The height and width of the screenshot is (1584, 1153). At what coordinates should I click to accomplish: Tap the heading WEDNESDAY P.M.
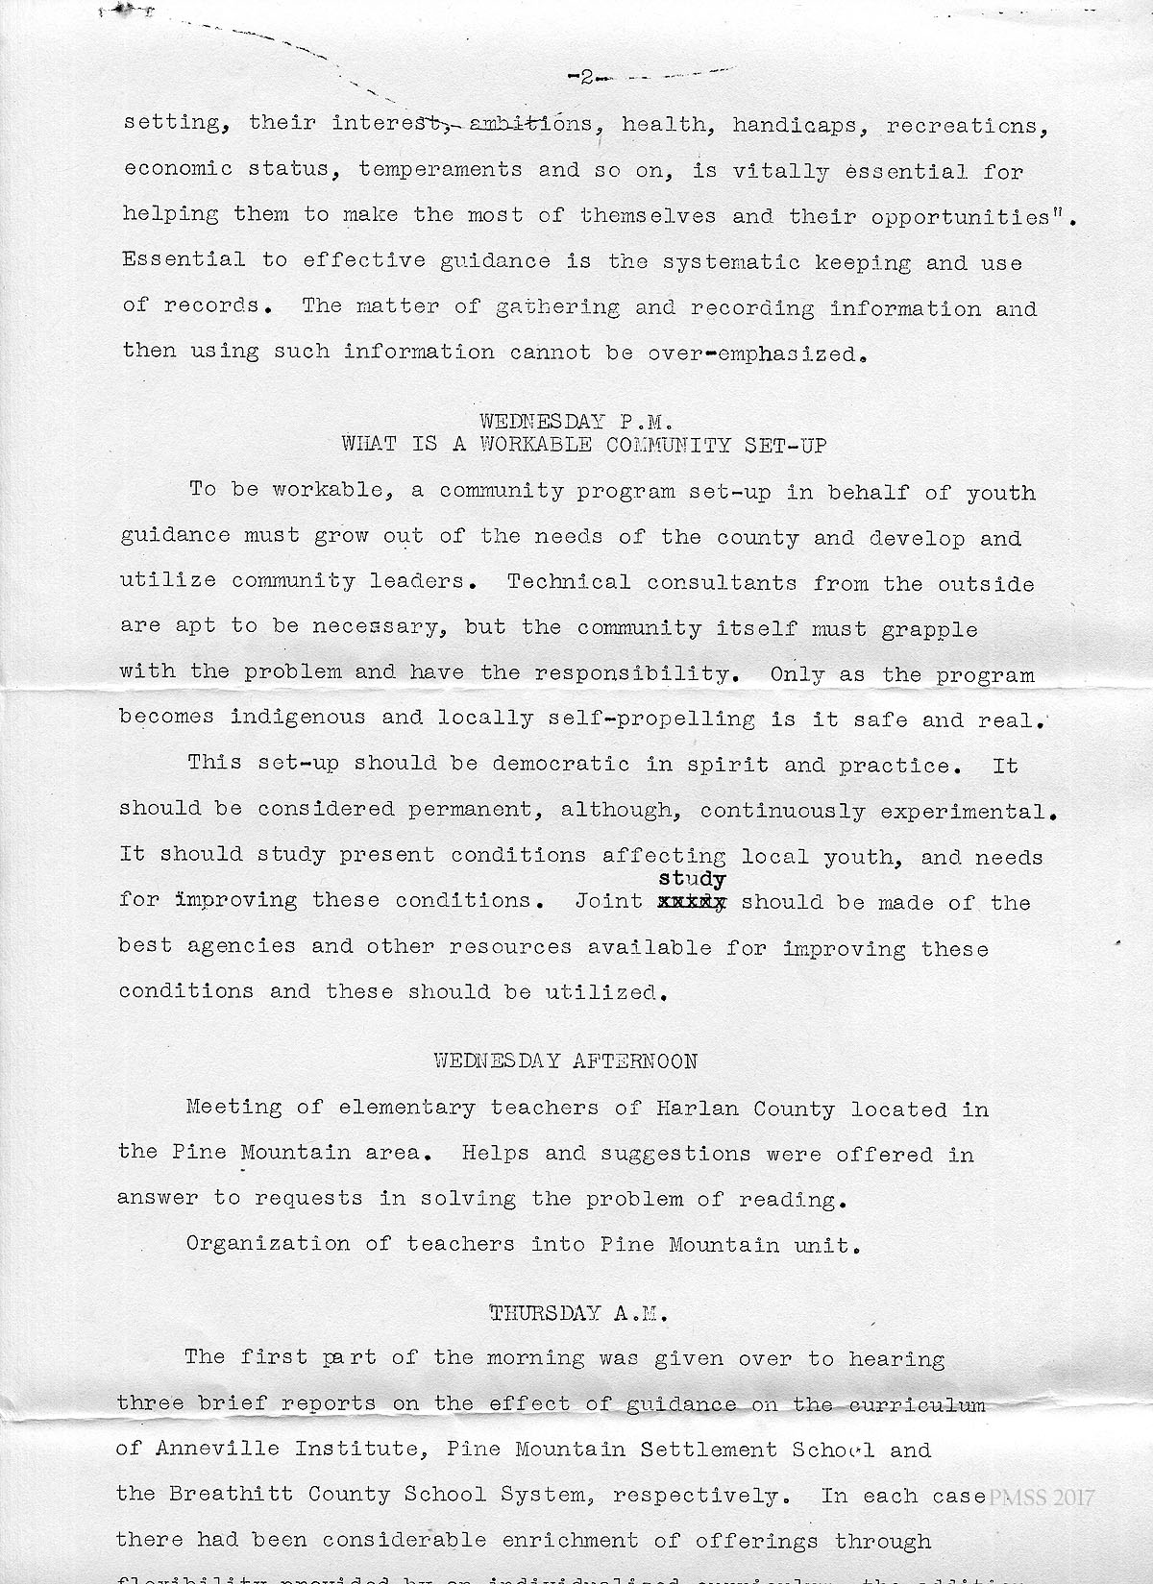point(579,421)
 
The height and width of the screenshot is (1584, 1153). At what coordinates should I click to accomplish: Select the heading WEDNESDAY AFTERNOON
point(566,1061)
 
